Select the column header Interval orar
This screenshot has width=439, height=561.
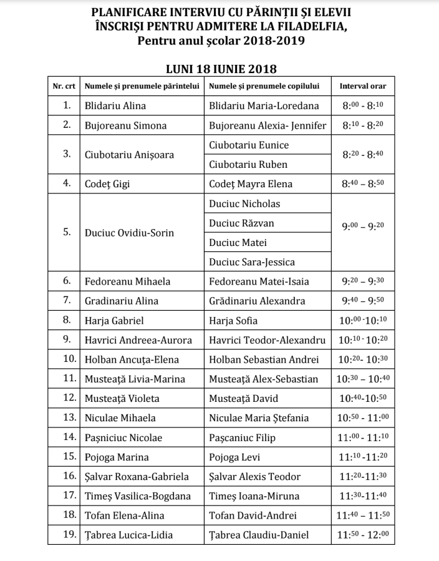click(362, 86)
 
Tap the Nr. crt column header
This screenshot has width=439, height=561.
click(65, 86)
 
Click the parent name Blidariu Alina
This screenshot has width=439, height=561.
click(115, 105)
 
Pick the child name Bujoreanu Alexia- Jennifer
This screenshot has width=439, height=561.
click(268, 125)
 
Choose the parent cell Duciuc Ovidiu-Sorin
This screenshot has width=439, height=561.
click(129, 233)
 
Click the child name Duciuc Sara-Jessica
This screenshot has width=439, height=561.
click(252, 262)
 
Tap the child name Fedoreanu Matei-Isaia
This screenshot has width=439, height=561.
click(259, 281)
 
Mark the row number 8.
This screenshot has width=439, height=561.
click(67, 321)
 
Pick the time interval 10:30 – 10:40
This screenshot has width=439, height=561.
click(362, 379)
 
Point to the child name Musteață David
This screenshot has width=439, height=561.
click(243, 398)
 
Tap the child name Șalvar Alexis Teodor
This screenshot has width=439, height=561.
click(255, 477)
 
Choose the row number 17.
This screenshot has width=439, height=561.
click(69, 496)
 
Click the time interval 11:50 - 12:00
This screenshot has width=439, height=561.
click(362, 535)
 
